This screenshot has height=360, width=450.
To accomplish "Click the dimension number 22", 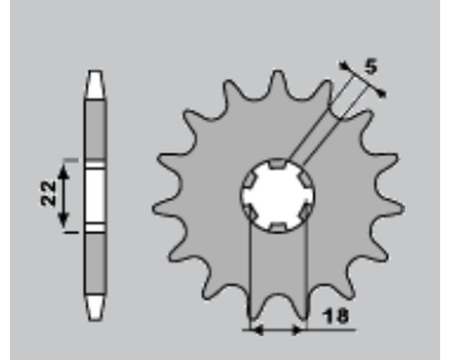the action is pyautogui.click(x=49, y=193).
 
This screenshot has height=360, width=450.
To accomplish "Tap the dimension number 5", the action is pyautogui.click(x=371, y=67).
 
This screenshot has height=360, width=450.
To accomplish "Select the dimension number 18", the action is pyautogui.click(x=336, y=316).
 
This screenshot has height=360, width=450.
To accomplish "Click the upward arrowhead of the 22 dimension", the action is pyautogui.click(x=63, y=172).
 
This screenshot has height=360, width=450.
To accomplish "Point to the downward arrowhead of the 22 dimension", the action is pyautogui.click(x=63, y=220).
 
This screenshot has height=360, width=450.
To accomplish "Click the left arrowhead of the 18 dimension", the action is pyautogui.click(x=256, y=330).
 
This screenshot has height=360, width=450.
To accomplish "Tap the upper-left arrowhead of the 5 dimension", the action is pyautogui.click(x=345, y=66).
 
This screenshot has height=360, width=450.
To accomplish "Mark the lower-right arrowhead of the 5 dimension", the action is pyautogui.click(x=381, y=94).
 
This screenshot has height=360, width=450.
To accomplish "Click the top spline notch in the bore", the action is pyautogui.click(x=278, y=164).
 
